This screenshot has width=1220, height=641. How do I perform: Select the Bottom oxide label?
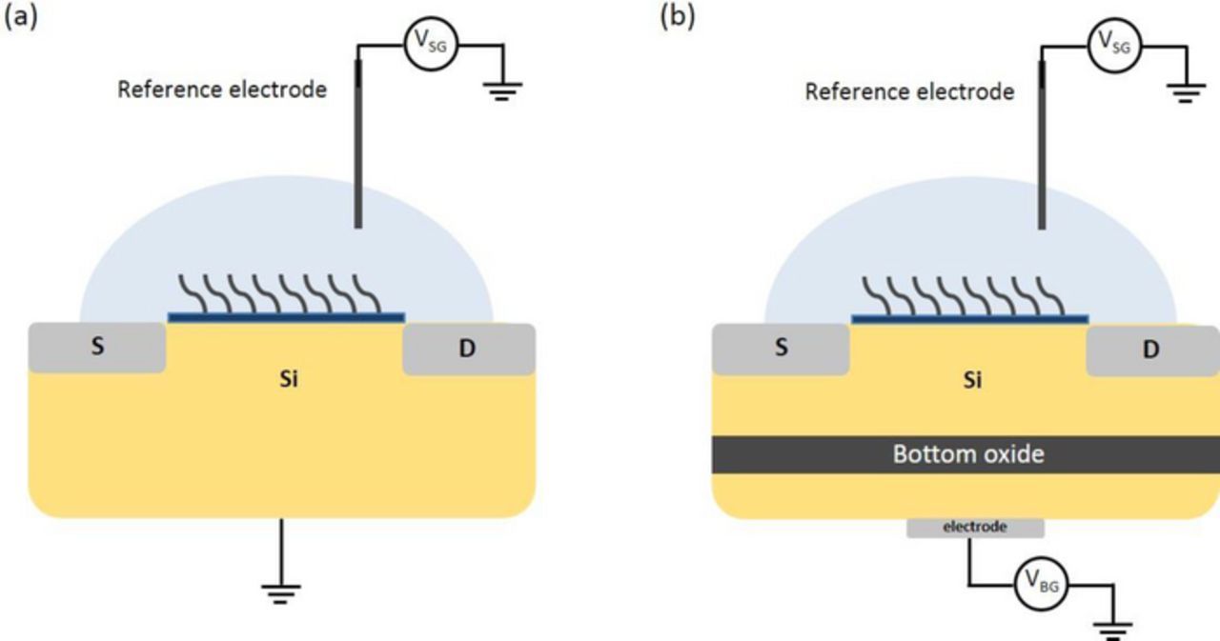coord(967,454)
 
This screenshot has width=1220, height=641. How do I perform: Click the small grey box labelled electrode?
coord(974,527)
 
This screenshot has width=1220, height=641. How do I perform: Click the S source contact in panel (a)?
coord(97,348)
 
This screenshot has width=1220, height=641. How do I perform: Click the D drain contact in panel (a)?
coord(467,350)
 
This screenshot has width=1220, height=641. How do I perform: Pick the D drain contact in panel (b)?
coord(1151,351)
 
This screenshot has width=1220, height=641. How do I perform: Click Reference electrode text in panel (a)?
coord(222,90)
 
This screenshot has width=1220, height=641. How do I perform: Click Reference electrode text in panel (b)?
coord(909,92)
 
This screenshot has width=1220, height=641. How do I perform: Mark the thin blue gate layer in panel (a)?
coord(286,317)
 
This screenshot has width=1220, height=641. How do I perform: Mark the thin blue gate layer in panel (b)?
coord(969,318)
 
